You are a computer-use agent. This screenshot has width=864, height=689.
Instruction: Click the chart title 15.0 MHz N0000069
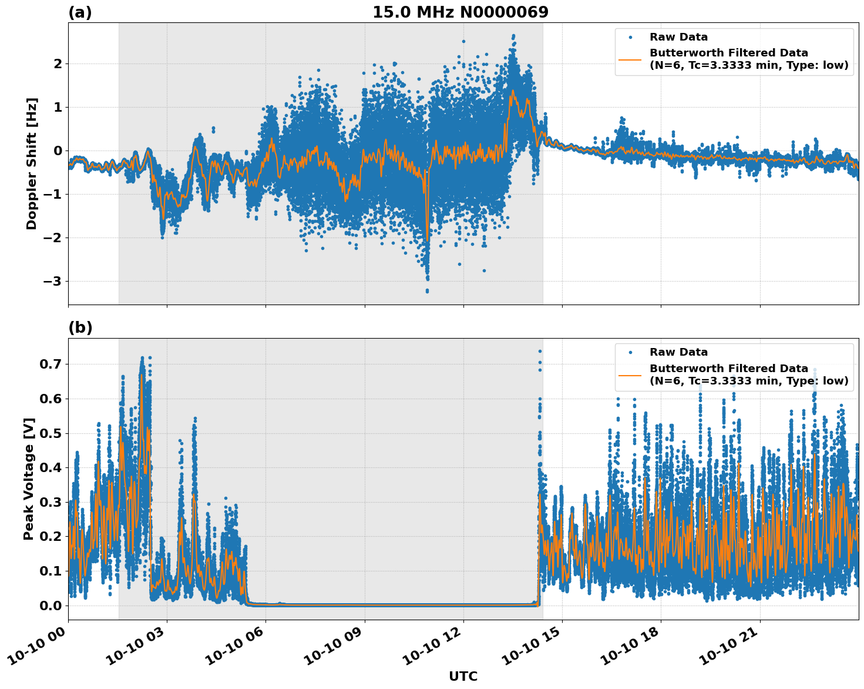[x=460, y=12]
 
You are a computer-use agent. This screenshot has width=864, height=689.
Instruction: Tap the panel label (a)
[x=80, y=12]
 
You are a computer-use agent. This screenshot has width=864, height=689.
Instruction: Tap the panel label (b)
[x=80, y=327]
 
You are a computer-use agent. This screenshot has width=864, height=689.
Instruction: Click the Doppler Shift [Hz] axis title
[x=32, y=163]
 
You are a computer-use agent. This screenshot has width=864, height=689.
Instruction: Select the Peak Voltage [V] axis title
[x=29, y=479]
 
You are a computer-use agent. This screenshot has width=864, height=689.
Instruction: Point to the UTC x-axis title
[x=463, y=676]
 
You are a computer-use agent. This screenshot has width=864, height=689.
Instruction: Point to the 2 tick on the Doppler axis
[x=58, y=63]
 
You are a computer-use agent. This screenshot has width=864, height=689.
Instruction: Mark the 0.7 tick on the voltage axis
[x=51, y=364]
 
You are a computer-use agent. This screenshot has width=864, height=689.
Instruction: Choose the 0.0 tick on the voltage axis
[x=51, y=606]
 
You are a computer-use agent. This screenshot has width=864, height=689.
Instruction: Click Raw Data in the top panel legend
[x=678, y=37]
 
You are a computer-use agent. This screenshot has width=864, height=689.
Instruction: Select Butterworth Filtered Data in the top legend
[x=728, y=53]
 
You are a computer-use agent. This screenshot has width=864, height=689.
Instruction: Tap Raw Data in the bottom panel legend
[x=678, y=352]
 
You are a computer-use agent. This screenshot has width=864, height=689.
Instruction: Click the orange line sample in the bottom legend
[x=630, y=374]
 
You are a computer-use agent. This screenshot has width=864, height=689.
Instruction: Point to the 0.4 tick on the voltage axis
[x=51, y=468]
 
